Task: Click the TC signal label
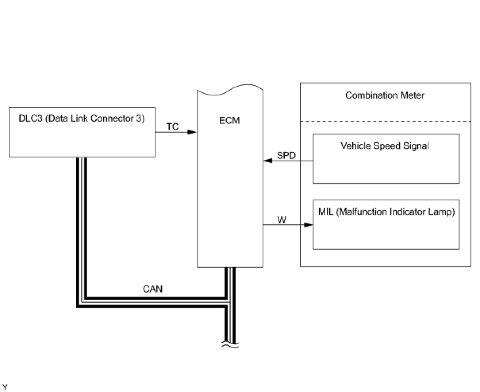[173, 127]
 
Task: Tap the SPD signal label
[286, 155]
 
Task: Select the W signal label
[281, 219]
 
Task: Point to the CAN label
[153, 289]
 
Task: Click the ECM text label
[230, 120]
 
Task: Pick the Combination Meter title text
[385, 95]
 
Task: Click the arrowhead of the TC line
[192, 132]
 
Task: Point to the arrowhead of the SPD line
[268, 161]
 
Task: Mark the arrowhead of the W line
[308, 225]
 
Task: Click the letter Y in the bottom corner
[5, 387]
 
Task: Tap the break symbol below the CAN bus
[230, 345]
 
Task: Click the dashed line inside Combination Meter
[385, 121]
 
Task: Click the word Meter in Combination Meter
[412, 95]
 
